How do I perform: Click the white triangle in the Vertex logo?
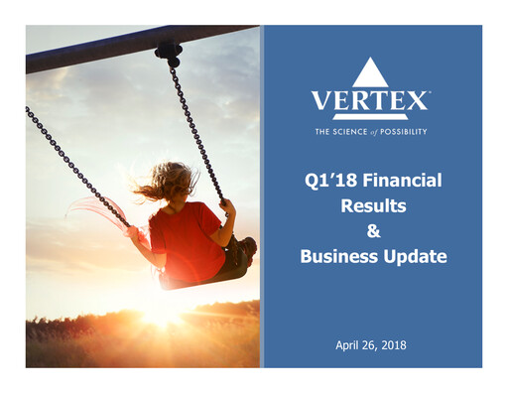[x=369, y=72]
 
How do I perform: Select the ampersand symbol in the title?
[x=371, y=231]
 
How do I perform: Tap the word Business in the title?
[x=338, y=257]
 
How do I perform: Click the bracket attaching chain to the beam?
[x=169, y=50]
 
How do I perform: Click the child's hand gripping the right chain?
[x=227, y=208]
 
